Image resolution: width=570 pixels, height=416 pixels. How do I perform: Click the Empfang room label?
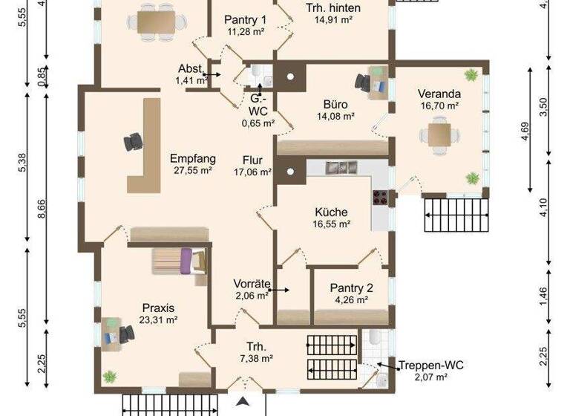click(192, 158)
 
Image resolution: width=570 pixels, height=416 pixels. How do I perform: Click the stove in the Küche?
click(380, 198)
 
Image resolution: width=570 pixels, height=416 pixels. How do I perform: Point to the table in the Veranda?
click(438, 136)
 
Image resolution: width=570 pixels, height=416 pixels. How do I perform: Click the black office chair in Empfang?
click(134, 140)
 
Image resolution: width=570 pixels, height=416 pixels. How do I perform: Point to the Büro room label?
click(335, 104)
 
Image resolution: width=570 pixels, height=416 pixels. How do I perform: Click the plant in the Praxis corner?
click(110, 376)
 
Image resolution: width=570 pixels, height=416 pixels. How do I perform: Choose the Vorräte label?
click(250, 283)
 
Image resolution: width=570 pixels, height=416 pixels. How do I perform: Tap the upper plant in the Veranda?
click(471, 74)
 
